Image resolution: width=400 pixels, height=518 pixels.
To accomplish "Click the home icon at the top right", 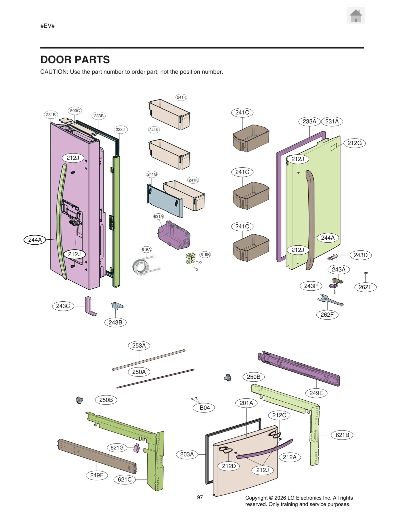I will (355, 16).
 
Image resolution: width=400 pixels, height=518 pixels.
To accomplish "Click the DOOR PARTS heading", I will (75, 60).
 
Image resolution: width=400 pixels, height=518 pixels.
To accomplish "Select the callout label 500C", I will (75, 111).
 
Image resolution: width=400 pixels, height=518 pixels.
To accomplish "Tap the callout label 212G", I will (354, 143).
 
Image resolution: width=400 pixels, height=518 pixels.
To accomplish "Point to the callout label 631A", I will (158, 216).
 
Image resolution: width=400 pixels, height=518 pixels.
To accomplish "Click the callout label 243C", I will (63, 306).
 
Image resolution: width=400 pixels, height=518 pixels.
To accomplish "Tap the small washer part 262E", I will (366, 273).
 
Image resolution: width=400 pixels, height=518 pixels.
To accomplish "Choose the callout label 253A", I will (139, 345).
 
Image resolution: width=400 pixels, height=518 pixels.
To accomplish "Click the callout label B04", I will (204, 408).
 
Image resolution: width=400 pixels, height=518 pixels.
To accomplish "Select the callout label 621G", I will (117, 447).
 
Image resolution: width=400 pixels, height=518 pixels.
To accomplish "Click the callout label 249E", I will (316, 393).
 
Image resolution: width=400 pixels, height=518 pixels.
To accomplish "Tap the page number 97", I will (200, 497).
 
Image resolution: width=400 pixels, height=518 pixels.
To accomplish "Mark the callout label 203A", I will (187, 454).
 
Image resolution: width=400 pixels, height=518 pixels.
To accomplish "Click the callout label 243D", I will (360, 255).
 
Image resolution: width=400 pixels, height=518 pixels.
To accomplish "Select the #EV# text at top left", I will (47, 26).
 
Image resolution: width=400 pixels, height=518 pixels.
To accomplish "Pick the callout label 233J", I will (120, 129).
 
